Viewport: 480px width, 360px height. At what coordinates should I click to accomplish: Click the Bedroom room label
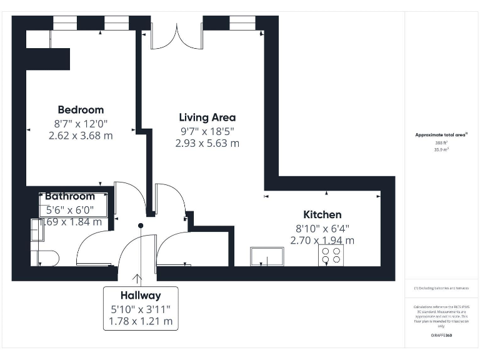[81, 110]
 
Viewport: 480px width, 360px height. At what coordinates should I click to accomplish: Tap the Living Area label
[207, 117]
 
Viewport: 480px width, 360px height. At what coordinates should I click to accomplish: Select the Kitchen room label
[322, 214]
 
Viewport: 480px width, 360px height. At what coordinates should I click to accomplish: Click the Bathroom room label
[69, 196]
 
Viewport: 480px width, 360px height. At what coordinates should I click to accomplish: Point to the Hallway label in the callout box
[141, 296]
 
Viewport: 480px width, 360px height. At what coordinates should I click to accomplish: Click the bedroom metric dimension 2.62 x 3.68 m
[81, 136]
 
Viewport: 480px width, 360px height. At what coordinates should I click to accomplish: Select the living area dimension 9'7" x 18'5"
[207, 131]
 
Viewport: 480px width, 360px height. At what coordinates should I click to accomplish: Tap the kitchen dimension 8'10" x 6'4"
[322, 228]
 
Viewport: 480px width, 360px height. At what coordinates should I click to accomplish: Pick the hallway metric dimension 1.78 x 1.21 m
[141, 322]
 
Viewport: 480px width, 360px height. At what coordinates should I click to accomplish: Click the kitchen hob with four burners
[331, 255]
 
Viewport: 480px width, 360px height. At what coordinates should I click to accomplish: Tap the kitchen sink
[267, 256]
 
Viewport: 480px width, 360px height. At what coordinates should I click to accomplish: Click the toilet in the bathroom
[46, 258]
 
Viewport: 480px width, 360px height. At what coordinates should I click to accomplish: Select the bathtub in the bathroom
[75, 205]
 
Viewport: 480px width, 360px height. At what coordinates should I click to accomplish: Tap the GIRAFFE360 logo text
[441, 336]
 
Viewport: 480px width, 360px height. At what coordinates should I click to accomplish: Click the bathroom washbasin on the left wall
[36, 231]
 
